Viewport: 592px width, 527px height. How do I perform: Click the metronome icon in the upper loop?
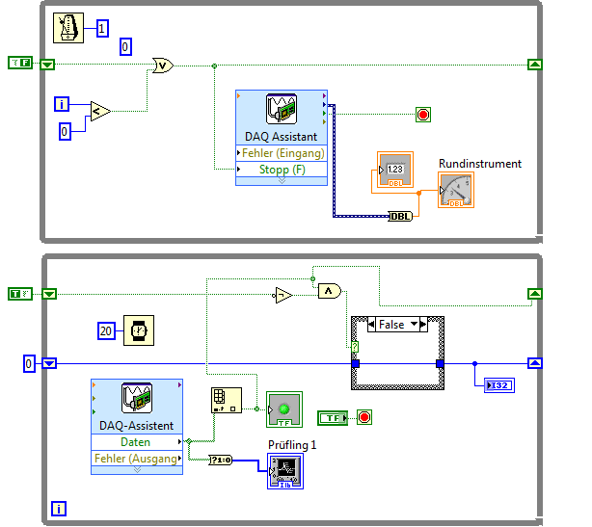click(69, 28)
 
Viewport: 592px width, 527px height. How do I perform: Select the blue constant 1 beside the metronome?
click(103, 29)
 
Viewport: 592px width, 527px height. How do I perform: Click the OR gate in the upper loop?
click(162, 66)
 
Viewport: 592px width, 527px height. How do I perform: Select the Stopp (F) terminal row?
click(281, 170)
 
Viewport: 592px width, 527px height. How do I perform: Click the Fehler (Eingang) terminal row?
click(281, 153)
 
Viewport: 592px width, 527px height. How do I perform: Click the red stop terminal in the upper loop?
click(422, 116)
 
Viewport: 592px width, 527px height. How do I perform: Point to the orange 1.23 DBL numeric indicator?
click(393, 171)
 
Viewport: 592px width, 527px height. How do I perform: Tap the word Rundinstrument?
click(479, 164)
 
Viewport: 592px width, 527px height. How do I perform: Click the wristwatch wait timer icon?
click(140, 331)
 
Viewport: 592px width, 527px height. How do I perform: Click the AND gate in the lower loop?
click(329, 290)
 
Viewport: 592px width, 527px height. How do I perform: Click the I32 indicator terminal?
click(499, 385)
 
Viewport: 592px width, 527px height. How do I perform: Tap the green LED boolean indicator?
click(283, 408)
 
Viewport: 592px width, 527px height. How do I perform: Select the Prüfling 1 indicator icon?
click(285, 470)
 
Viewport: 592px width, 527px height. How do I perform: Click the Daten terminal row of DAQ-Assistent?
click(136, 442)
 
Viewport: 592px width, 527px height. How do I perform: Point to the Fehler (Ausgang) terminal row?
click(136, 459)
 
